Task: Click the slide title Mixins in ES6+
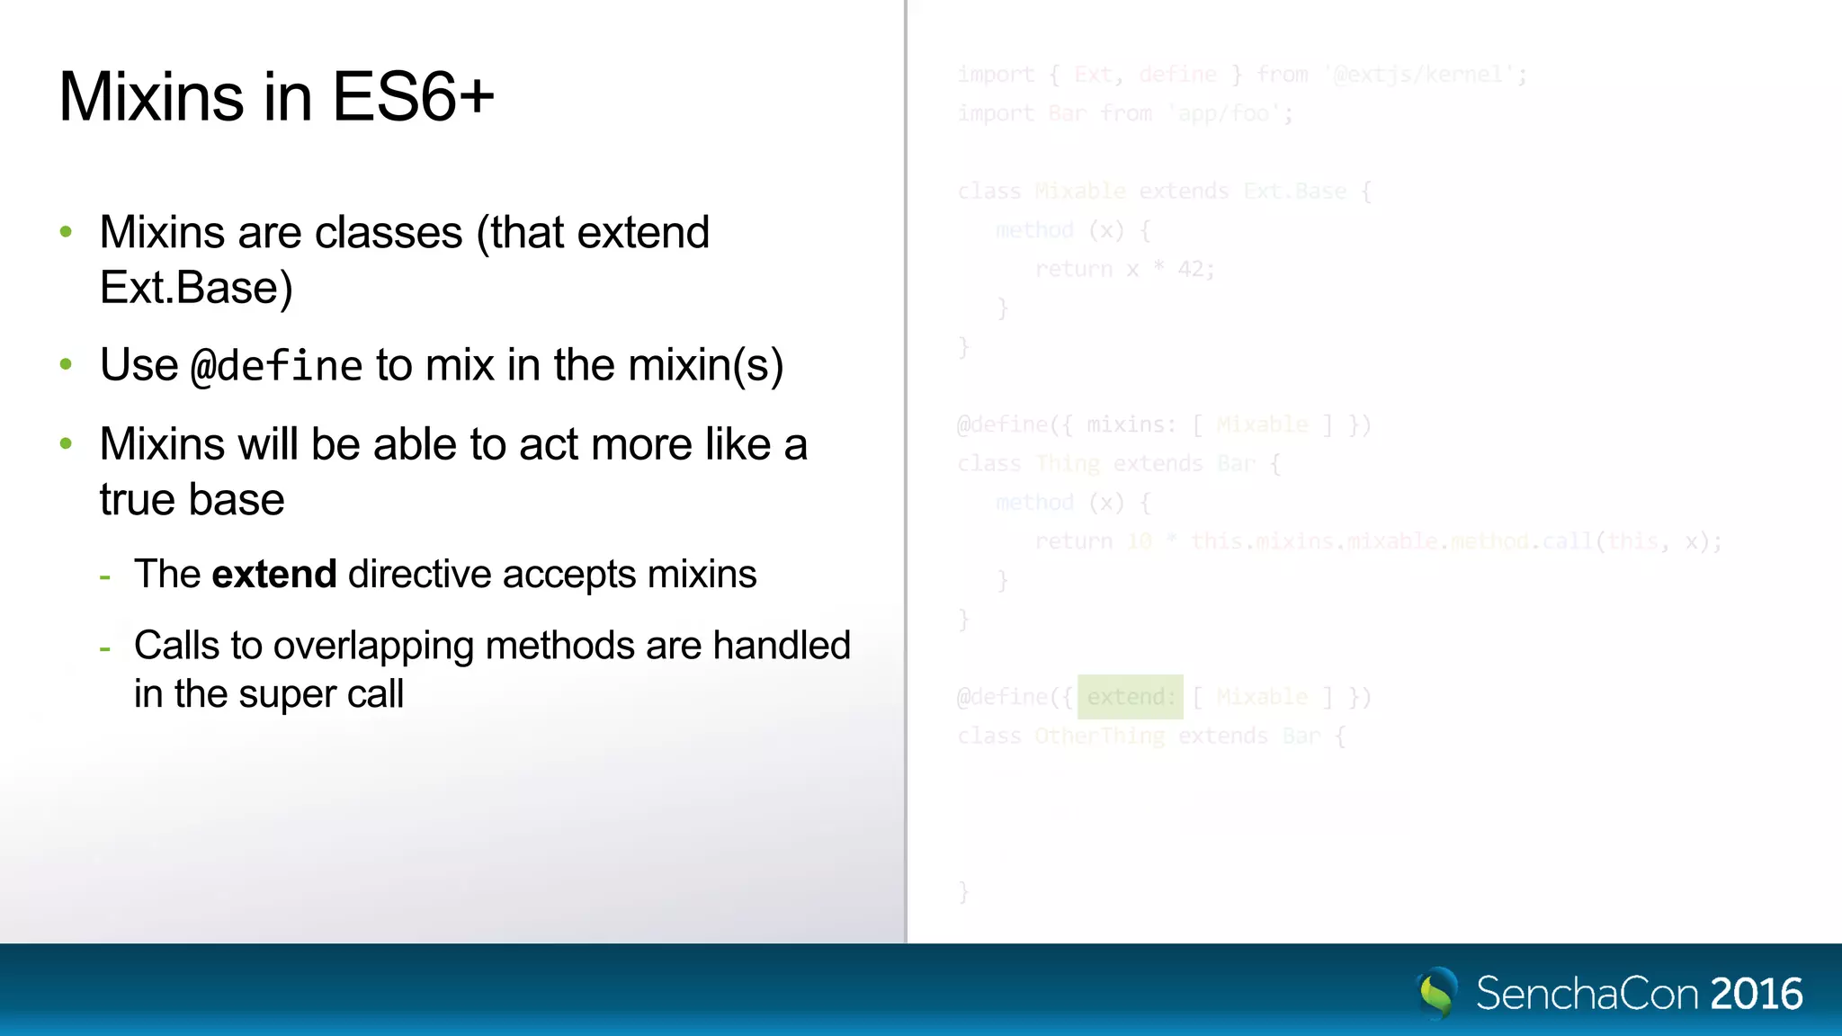[x=276, y=97]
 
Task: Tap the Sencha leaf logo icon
[x=1436, y=993]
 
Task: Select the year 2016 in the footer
[x=1757, y=995]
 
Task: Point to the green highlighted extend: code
[x=1130, y=697]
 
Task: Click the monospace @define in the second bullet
[x=276, y=366]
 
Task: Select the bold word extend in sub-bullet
[x=273, y=575]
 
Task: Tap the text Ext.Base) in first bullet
[x=196, y=288]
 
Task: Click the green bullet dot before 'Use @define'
[x=66, y=365]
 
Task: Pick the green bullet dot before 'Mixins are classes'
[x=66, y=233]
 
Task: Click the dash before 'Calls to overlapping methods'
[x=105, y=647]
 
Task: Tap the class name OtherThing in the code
[x=1099, y=736]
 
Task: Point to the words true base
[x=192, y=499]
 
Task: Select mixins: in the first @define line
[x=1131, y=424]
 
